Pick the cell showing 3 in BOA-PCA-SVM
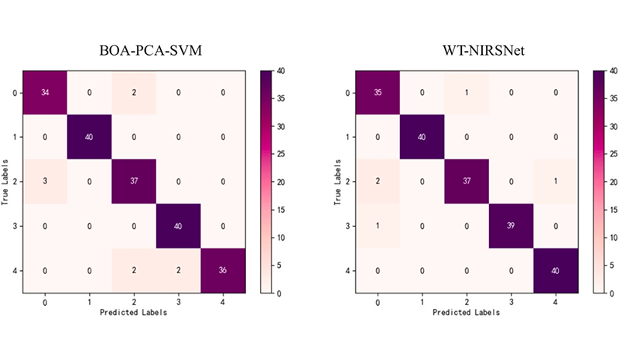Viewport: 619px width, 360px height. [x=45, y=182]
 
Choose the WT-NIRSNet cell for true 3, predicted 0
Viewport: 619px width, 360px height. [x=377, y=226]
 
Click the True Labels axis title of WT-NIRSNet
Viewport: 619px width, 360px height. [x=337, y=182]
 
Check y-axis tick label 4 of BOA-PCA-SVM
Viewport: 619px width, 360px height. [x=16, y=271]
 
